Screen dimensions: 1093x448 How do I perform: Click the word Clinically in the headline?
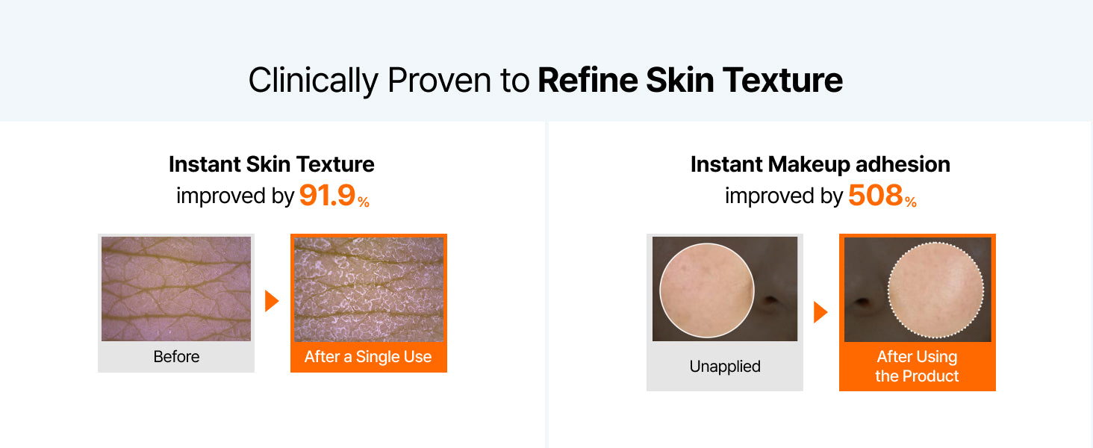tap(314, 81)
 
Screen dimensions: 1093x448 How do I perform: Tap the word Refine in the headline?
tap(588, 80)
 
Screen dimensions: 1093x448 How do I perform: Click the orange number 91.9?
tap(327, 195)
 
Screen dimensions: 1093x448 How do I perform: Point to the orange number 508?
tap(876, 195)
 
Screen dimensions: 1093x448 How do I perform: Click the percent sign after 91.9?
tap(364, 202)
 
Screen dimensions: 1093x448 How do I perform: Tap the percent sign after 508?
tap(911, 202)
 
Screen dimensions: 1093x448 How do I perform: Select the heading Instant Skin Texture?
tap(272, 164)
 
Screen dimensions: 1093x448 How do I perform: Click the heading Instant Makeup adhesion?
tap(820, 164)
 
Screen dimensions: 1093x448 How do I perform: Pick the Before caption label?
tap(176, 357)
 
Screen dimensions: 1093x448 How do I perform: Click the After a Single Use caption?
tap(368, 357)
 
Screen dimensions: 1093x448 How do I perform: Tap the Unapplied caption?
tap(725, 367)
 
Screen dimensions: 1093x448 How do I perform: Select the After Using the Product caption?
tap(917, 367)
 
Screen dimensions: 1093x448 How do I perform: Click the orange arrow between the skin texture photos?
tap(272, 301)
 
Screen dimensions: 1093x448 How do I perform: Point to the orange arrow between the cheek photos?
tap(820, 312)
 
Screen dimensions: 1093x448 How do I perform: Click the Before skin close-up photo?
tap(176, 289)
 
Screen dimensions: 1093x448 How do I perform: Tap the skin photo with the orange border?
tap(369, 290)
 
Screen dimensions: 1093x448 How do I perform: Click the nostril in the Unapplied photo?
tap(770, 299)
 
